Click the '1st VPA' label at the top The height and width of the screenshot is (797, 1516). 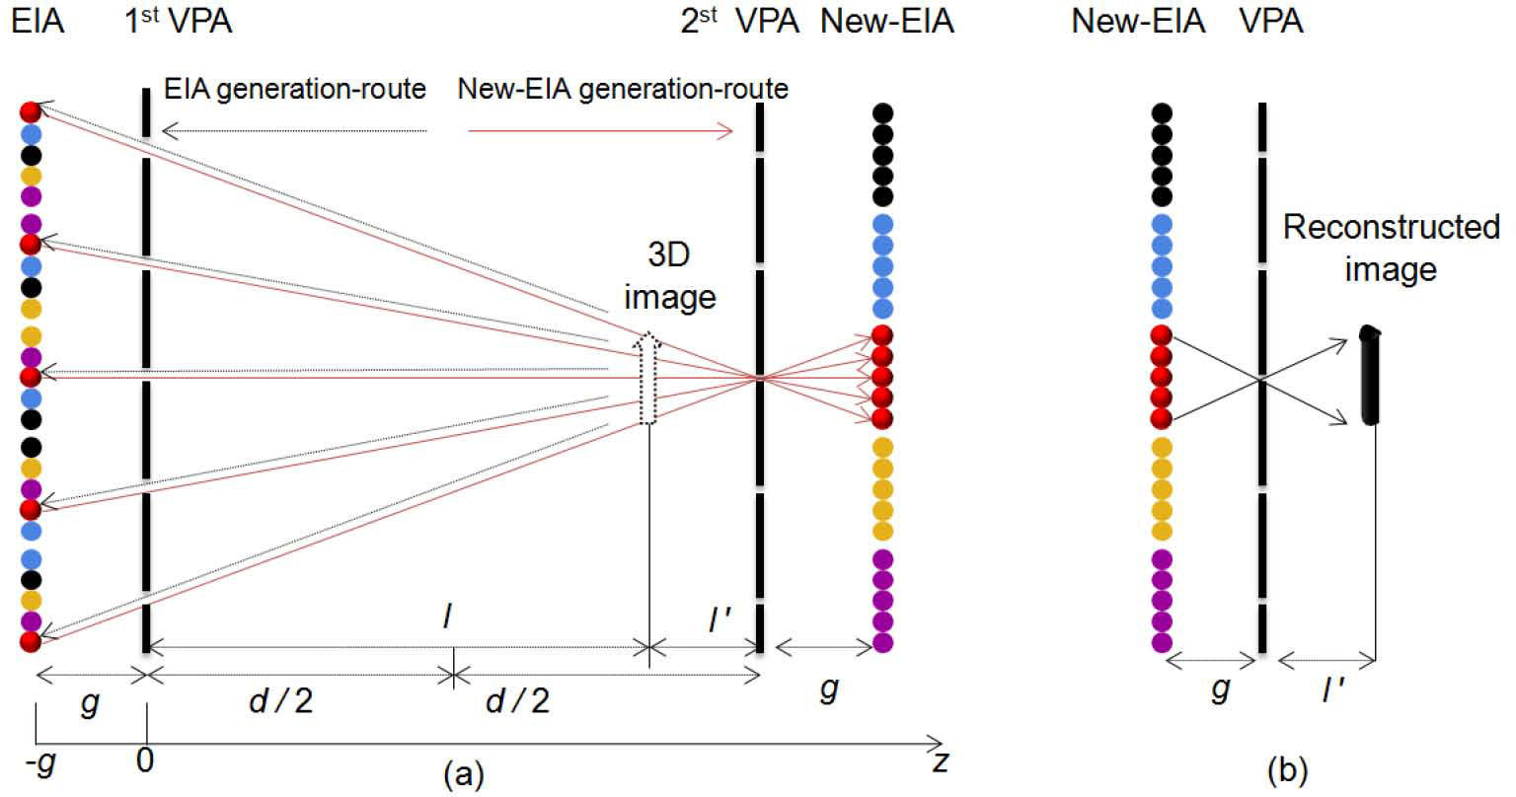(x=179, y=21)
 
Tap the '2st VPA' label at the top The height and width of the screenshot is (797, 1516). (x=739, y=21)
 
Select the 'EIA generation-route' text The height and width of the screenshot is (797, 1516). (x=292, y=89)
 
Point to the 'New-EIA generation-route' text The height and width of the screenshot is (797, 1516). (x=623, y=89)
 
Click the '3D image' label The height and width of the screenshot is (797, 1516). (x=668, y=276)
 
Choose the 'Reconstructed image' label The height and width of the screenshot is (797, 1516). (x=1390, y=248)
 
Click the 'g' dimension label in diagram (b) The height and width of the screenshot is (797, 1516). (x=1220, y=689)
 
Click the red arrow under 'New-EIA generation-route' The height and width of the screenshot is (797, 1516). (x=600, y=131)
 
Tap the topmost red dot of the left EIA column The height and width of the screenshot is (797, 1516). (x=31, y=110)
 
